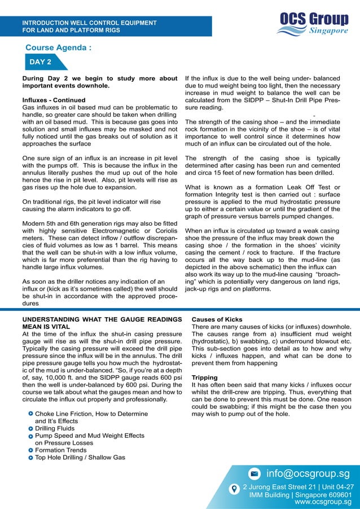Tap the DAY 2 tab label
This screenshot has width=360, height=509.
point(41,62)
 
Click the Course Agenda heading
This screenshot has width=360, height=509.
point(58,47)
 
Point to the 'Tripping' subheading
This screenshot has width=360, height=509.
point(204,378)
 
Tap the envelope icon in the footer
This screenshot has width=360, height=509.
point(254,473)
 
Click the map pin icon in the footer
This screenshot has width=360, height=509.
point(234,489)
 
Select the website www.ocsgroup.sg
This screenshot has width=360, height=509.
point(323,501)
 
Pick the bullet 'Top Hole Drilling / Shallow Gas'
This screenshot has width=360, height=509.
point(80,457)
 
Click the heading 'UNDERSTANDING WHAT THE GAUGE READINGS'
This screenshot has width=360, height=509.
point(102,319)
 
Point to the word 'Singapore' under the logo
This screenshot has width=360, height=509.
point(328,31)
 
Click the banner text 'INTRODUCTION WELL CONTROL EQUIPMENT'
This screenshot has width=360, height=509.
point(89,23)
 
